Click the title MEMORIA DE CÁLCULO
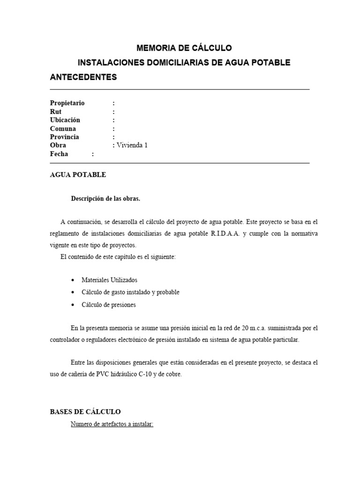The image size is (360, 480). pos(184,48)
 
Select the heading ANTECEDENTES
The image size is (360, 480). pos(83,77)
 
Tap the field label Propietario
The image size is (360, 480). pos(67,103)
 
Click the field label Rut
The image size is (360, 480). pos(56,112)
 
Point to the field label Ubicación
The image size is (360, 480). pos(65,120)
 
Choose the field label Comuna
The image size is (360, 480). pos(63,128)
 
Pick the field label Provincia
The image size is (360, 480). pos(64,137)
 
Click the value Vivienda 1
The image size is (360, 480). pos(132,145)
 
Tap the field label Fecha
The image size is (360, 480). pos(59,154)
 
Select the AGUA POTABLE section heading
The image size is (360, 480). pos(78,175)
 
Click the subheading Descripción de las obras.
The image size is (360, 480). pos(105,198)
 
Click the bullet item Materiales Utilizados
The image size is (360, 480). pos(109,280)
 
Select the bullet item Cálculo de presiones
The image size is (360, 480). pos(108,305)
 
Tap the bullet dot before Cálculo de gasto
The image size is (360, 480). pos(72,292)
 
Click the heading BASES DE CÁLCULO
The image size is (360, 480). pos(85,412)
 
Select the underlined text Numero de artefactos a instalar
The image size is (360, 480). pos(112,424)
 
